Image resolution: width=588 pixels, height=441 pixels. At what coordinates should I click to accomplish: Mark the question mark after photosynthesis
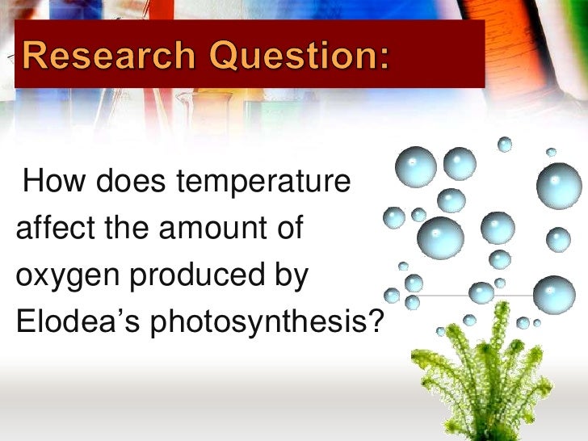click(373, 321)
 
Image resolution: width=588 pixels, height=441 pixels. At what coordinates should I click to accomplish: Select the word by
click(293, 276)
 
